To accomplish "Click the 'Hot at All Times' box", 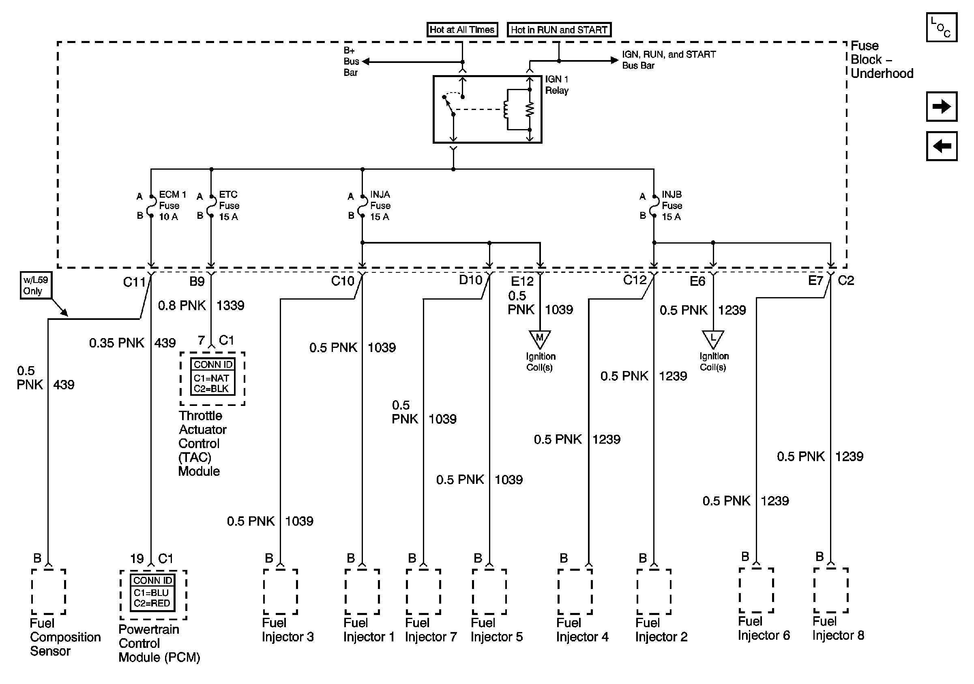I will click(461, 30).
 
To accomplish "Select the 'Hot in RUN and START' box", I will click(559, 30).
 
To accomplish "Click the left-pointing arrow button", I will click(941, 146).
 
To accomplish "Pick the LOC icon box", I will click(941, 27).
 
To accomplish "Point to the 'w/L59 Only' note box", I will click(36, 285).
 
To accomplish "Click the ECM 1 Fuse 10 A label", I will click(172, 205).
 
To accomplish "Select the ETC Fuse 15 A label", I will click(229, 205).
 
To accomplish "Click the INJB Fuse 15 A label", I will click(672, 205).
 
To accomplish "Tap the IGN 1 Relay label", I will click(557, 84).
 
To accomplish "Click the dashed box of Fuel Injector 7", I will click(423, 591).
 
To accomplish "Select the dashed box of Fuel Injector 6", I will click(756, 590).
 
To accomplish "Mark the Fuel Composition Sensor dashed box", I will click(48, 591).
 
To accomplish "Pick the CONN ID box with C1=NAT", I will click(212, 377).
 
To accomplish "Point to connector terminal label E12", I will click(522, 281).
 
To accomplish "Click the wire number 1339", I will click(230, 305).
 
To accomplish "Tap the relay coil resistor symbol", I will click(530, 110).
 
